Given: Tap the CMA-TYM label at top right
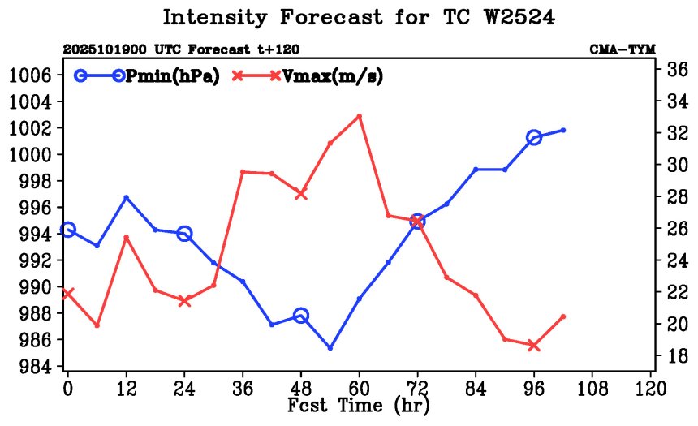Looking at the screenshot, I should point(623,49).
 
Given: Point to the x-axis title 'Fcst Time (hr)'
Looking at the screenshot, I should point(358,404).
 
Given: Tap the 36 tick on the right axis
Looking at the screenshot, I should point(678,69).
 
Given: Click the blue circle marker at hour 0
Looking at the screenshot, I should point(68,230).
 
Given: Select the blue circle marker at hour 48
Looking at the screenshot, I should point(301,316).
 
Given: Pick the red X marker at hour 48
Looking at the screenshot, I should point(301,194).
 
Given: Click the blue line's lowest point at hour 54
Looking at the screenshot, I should point(330,348).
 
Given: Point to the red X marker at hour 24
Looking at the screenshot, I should point(184,300).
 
